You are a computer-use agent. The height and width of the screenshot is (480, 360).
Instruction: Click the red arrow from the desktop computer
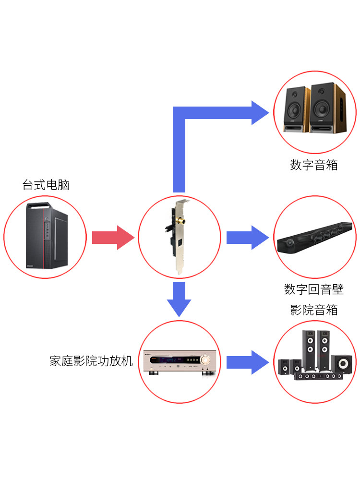(112, 237)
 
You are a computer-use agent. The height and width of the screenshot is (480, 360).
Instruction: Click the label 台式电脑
(46, 185)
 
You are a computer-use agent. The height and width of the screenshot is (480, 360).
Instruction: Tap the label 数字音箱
(314, 166)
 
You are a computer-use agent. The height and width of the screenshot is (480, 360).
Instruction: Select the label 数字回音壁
(314, 289)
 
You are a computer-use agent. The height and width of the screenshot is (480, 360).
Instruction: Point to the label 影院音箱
(314, 310)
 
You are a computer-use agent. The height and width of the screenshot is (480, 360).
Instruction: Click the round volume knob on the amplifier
(206, 360)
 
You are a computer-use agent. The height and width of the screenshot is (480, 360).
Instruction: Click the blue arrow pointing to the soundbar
(247, 237)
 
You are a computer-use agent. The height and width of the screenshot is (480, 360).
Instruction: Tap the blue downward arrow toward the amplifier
(179, 300)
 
